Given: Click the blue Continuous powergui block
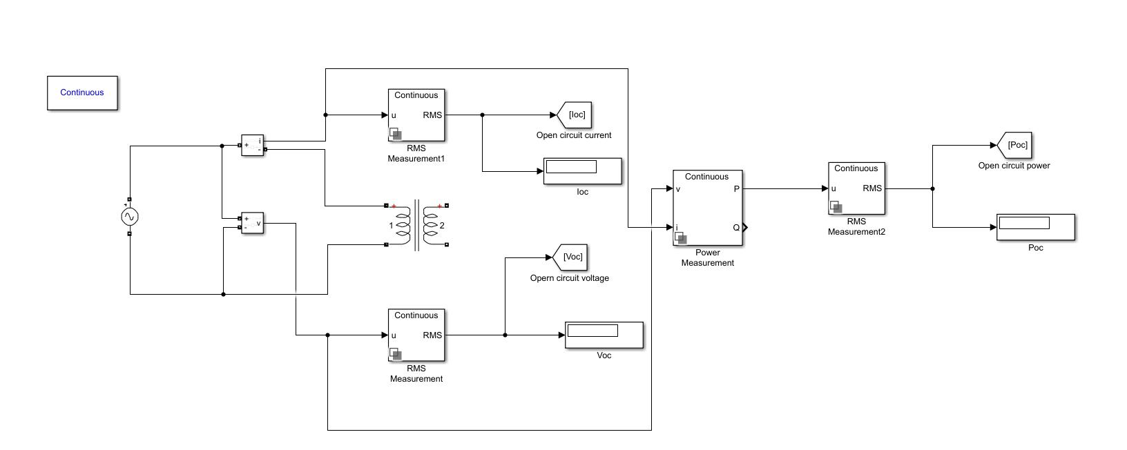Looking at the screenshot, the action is (82, 93).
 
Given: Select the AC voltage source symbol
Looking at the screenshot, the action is (130, 217).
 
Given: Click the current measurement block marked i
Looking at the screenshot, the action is (253, 146).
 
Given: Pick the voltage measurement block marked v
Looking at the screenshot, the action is (253, 223).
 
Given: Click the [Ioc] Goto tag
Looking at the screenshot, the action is (574, 115).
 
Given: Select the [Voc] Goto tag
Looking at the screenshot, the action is (570, 257).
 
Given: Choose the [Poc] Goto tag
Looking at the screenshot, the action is (1014, 146).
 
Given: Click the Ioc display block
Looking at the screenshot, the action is (583, 171).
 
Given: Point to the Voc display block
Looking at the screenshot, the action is (604, 335).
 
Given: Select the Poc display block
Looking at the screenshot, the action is (1036, 227).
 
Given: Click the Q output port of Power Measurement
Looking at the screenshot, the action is (745, 227).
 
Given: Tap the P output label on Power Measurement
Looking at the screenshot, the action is (737, 189).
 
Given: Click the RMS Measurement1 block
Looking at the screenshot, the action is (416, 115).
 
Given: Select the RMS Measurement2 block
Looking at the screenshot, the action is (857, 188).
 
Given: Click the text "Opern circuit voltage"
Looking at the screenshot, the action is (570, 278).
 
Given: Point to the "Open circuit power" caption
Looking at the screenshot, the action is (1014, 166).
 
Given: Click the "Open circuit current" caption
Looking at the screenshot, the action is (574, 135).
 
